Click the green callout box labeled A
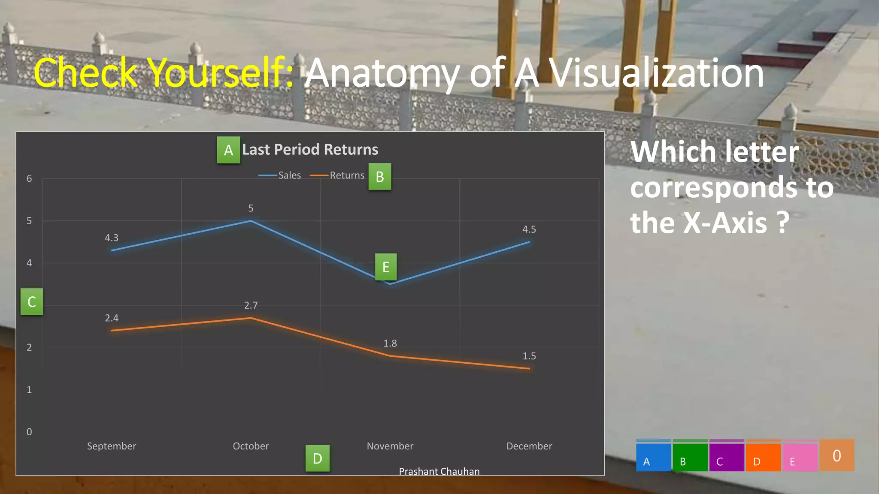[x=228, y=150]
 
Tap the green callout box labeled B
[x=380, y=177]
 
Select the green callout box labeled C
[x=32, y=302]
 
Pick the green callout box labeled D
[x=318, y=458]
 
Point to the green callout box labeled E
[x=386, y=267]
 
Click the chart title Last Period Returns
[x=310, y=150]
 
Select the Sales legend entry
[x=280, y=175]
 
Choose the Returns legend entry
[x=337, y=175]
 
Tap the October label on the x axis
[x=251, y=446]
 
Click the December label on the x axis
[x=529, y=446]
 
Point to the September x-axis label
[x=112, y=446]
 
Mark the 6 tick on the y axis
[x=29, y=178]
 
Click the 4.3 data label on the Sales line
[x=112, y=238]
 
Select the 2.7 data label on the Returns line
[x=251, y=305]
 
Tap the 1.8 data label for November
[x=390, y=343]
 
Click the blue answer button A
[x=653, y=456]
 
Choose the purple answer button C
[x=727, y=456]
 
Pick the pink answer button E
[x=800, y=456]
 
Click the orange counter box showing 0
[x=837, y=455]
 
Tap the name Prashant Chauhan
[x=439, y=471]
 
